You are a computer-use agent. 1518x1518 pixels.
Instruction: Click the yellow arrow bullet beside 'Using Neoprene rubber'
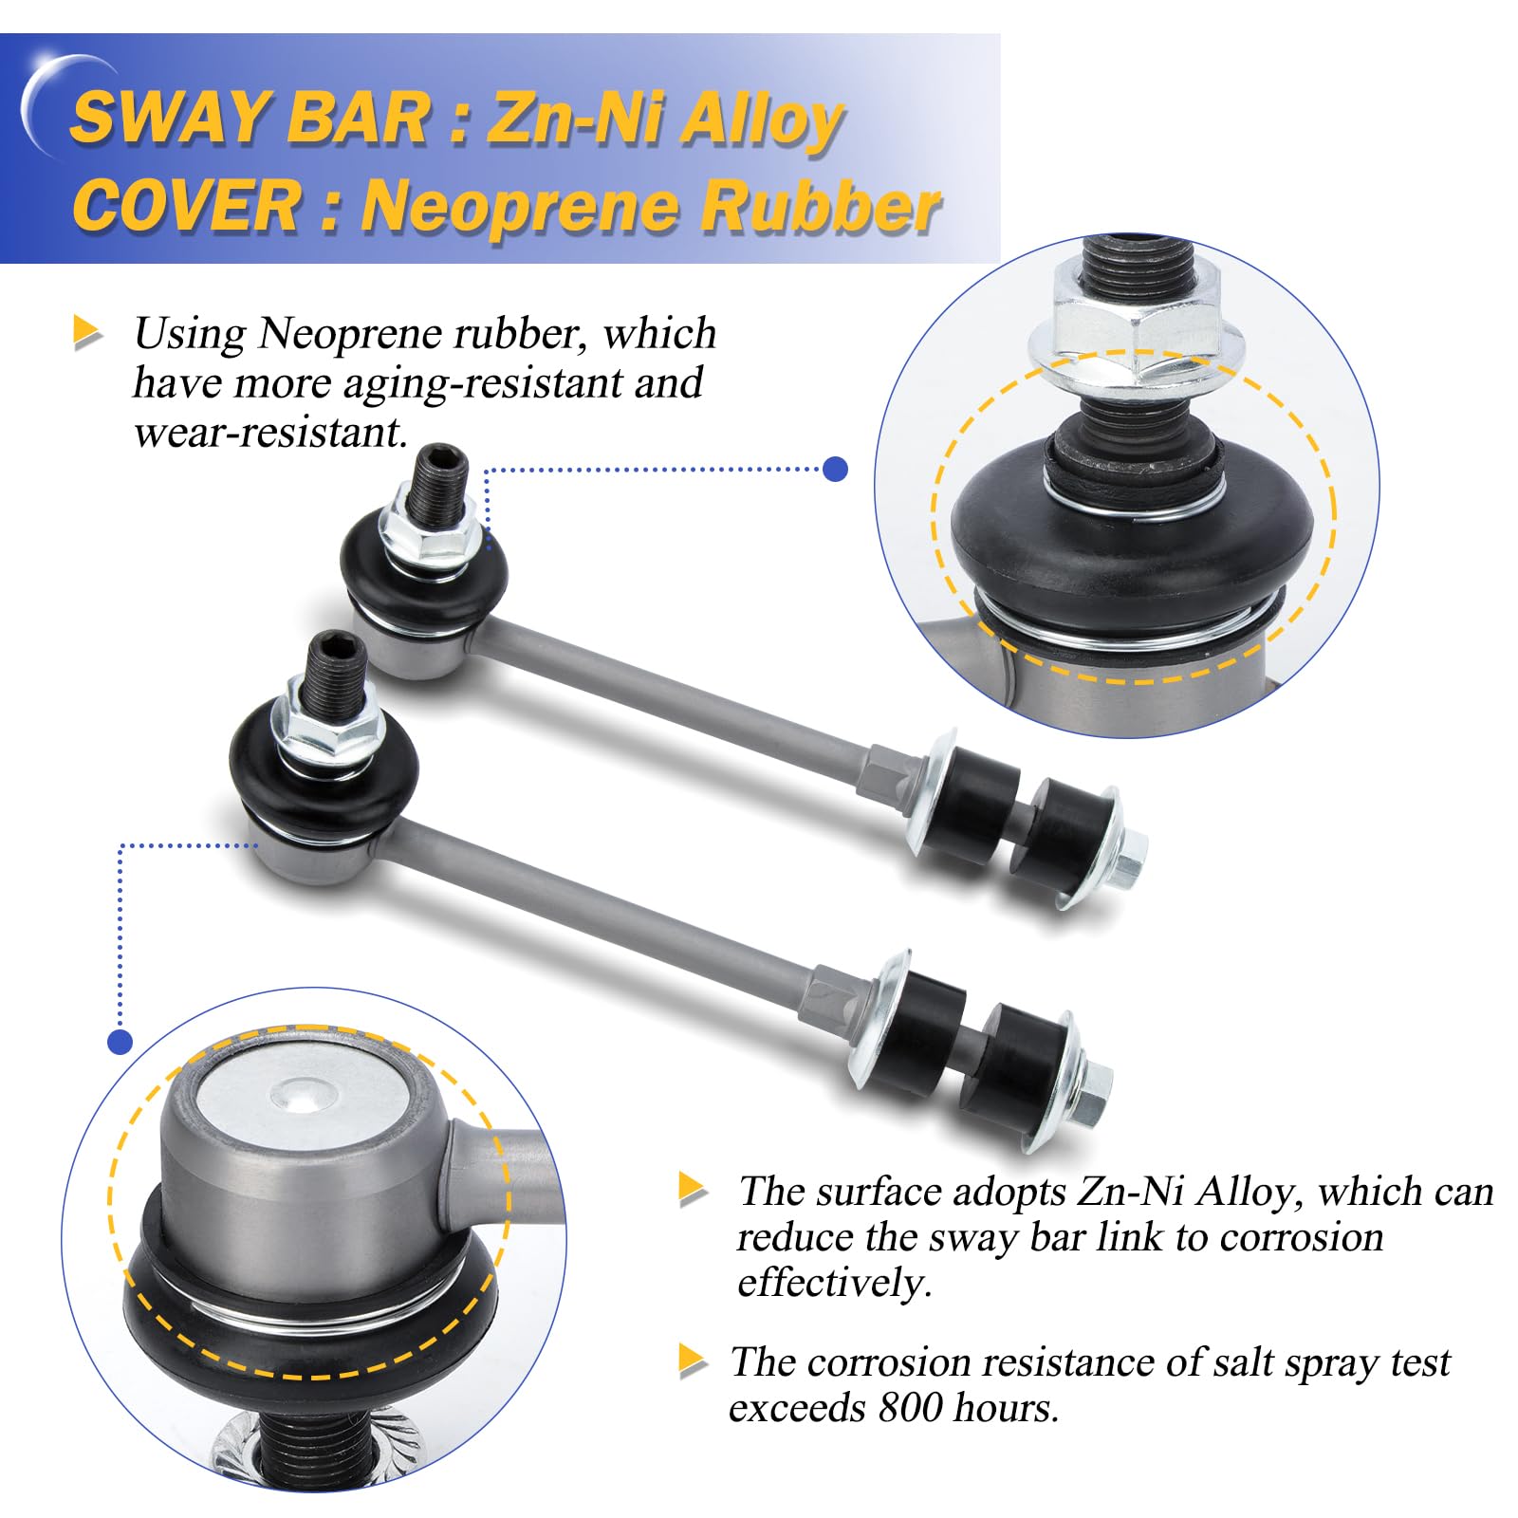click(x=87, y=333)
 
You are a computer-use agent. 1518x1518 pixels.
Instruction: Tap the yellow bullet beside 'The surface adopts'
click(x=694, y=1190)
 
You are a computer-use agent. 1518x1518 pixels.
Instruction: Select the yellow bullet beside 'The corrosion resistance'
click(x=694, y=1361)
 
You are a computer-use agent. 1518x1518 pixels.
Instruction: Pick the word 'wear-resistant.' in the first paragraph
click(x=270, y=433)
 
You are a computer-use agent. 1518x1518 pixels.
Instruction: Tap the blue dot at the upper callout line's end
click(x=835, y=469)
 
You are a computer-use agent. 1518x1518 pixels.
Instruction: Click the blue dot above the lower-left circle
click(x=120, y=1042)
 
